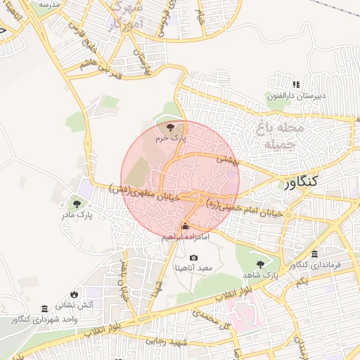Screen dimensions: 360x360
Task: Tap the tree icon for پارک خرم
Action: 169,127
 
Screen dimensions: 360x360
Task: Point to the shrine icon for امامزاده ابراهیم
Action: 185,226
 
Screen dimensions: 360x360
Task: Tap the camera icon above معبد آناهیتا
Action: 194,258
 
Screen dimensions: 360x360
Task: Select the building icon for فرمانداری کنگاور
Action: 314,254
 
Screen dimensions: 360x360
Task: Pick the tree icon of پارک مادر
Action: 77,203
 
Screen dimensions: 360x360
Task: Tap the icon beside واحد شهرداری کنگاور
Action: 45,309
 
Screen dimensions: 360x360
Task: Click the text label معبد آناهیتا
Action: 194,269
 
